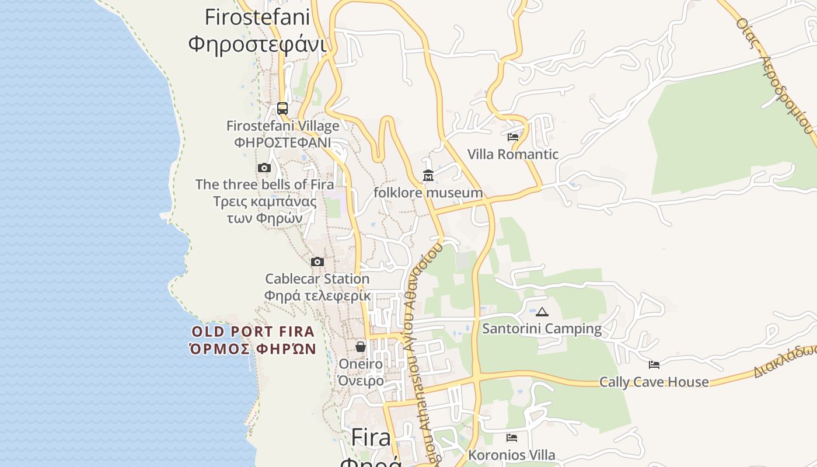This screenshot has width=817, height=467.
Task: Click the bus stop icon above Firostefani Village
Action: (282, 108)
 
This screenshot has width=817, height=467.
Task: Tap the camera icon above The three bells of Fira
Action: (264, 168)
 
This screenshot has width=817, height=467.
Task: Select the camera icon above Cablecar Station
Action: (317, 262)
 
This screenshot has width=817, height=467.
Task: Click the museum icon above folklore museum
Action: (428, 175)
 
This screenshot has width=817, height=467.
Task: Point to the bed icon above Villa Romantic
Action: (513, 137)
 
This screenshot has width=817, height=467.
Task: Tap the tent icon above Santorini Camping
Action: (542, 312)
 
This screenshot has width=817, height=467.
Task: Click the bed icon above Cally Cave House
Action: (654, 365)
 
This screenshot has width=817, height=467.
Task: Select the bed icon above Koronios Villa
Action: (512, 438)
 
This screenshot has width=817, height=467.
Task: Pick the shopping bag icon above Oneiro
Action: (361, 347)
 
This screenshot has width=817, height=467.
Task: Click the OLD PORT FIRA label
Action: (253, 332)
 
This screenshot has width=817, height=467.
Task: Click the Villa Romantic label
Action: (513, 155)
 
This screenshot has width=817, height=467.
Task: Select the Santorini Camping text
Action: (542, 329)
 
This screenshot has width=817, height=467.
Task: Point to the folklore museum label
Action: (428, 193)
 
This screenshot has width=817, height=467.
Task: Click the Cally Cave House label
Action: (654, 382)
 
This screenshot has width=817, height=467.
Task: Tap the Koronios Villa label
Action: (512, 455)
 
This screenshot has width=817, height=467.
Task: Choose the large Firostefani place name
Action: (257, 18)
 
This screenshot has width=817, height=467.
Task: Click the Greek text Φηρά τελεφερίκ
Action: (317, 296)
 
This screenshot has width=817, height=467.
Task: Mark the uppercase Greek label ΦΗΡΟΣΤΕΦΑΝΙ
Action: (282, 142)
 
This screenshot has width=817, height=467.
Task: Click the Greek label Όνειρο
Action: (361, 381)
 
